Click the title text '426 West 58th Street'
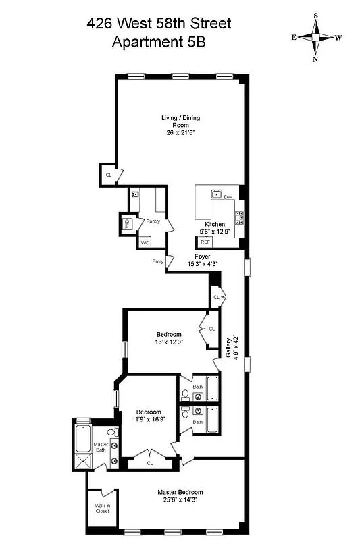(159, 24)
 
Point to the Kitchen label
(215, 224)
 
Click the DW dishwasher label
(228, 197)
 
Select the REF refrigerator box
(205, 241)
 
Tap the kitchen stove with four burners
(239, 217)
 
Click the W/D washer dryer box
(126, 225)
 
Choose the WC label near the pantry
(145, 243)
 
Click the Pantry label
(153, 221)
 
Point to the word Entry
(157, 261)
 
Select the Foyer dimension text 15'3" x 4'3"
(203, 265)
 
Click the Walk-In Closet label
(102, 509)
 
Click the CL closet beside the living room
(108, 175)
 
